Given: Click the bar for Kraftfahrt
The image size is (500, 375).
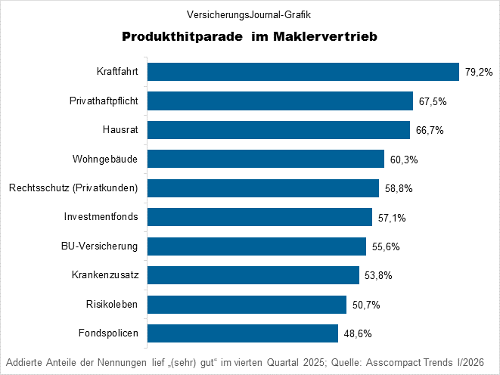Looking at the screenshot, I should pos(303,72).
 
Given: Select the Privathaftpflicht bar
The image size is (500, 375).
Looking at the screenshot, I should pos(280,101).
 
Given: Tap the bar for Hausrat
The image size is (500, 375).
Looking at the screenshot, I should pos(278,130).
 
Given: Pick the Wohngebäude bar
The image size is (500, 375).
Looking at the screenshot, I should pos(266,159).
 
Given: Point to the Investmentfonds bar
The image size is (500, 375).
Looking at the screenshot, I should pos(259,217).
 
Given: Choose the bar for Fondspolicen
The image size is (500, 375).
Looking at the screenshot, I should pos(242,333).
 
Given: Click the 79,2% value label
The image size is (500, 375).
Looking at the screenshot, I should pos(478,73).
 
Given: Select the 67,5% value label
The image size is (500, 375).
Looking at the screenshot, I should pos(431,101).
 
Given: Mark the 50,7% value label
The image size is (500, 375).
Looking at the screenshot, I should pos(365,305).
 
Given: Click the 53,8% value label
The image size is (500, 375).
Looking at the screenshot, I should pos(377,275).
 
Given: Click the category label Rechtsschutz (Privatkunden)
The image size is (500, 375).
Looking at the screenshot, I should pos(73,188).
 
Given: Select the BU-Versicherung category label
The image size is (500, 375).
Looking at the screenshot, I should pos(100,246).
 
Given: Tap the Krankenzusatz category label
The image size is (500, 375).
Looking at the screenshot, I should pos(104,275).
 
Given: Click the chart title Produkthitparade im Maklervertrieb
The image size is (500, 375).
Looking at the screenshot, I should pos(249,36).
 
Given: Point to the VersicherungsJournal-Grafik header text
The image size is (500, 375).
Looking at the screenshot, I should pos(249,14).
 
